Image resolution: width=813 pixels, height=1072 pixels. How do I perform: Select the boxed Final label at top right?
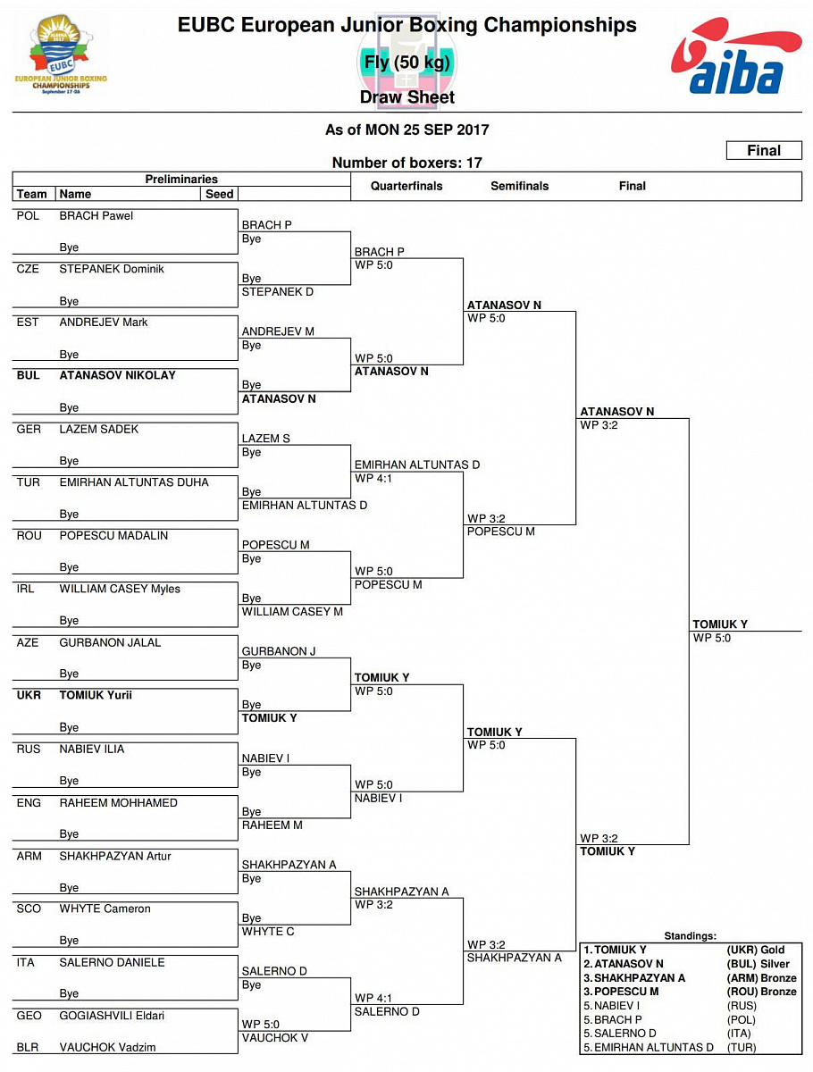[763, 151]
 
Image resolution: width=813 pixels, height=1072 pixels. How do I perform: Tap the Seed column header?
[219, 194]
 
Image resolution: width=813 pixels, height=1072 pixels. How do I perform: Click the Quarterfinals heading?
[407, 186]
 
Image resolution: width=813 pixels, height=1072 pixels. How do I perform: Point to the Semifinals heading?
[520, 186]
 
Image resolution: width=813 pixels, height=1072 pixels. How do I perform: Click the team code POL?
[28, 216]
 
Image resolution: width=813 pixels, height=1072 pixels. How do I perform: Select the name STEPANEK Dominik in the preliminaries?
[112, 269]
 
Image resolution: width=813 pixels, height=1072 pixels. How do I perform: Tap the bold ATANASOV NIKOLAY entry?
[117, 375]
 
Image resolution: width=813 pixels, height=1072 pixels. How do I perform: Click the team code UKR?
[29, 695]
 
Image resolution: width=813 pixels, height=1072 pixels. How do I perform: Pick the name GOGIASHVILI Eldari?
[112, 1016]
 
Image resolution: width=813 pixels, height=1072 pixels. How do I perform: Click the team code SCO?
[29, 909]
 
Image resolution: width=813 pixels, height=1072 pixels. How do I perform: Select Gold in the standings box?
[773, 951]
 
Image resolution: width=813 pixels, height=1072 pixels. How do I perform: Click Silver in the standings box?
[775, 964]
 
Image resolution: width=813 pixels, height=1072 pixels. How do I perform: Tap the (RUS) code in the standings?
[742, 1006]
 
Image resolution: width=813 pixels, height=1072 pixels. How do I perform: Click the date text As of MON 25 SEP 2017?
[406, 130]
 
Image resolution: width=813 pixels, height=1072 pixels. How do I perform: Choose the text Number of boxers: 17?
[406, 163]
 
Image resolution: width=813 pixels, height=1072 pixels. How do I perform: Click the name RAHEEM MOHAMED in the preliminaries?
[118, 803]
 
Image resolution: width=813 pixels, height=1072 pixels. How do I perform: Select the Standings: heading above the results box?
[690, 936]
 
